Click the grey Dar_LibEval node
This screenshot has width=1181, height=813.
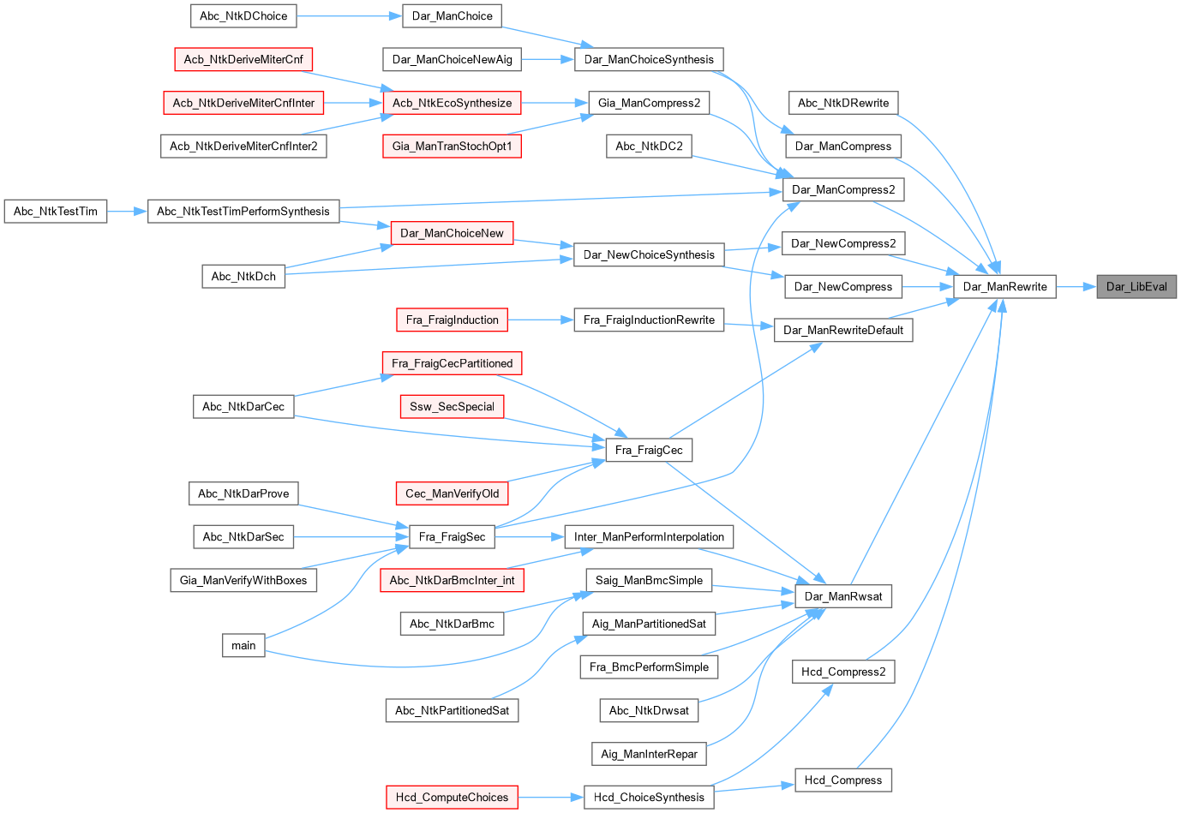[1136, 287]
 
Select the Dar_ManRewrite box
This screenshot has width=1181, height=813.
[1005, 287]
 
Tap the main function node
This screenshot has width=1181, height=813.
[243, 645]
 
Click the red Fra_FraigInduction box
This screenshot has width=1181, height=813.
[453, 320]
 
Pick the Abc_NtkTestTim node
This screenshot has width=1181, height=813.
[56, 212]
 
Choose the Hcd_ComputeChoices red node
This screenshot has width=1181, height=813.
[453, 798]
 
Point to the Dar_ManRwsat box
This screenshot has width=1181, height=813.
[843, 596]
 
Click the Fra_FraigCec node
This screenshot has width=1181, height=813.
[649, 450]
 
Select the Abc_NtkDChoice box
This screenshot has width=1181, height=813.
[243, 15]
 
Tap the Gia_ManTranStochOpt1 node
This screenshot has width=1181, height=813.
[453, 146]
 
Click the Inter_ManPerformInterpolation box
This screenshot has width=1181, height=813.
[649, 537]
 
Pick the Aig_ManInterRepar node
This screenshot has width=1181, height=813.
[649, 754]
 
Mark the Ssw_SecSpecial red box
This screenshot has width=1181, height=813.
[453, 407]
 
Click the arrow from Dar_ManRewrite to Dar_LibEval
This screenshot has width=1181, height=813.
[1076, 287]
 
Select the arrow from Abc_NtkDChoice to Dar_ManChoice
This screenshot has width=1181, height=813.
[349, 15]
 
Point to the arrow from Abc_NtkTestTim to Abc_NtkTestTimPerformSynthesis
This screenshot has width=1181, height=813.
[127, 212]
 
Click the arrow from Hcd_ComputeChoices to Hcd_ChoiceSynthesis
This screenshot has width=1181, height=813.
[551, 798]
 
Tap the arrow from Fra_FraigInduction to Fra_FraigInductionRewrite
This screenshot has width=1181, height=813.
[541, 320]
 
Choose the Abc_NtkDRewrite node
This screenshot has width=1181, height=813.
[843, 103]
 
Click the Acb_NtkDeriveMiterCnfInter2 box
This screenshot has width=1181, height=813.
[243, 146]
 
